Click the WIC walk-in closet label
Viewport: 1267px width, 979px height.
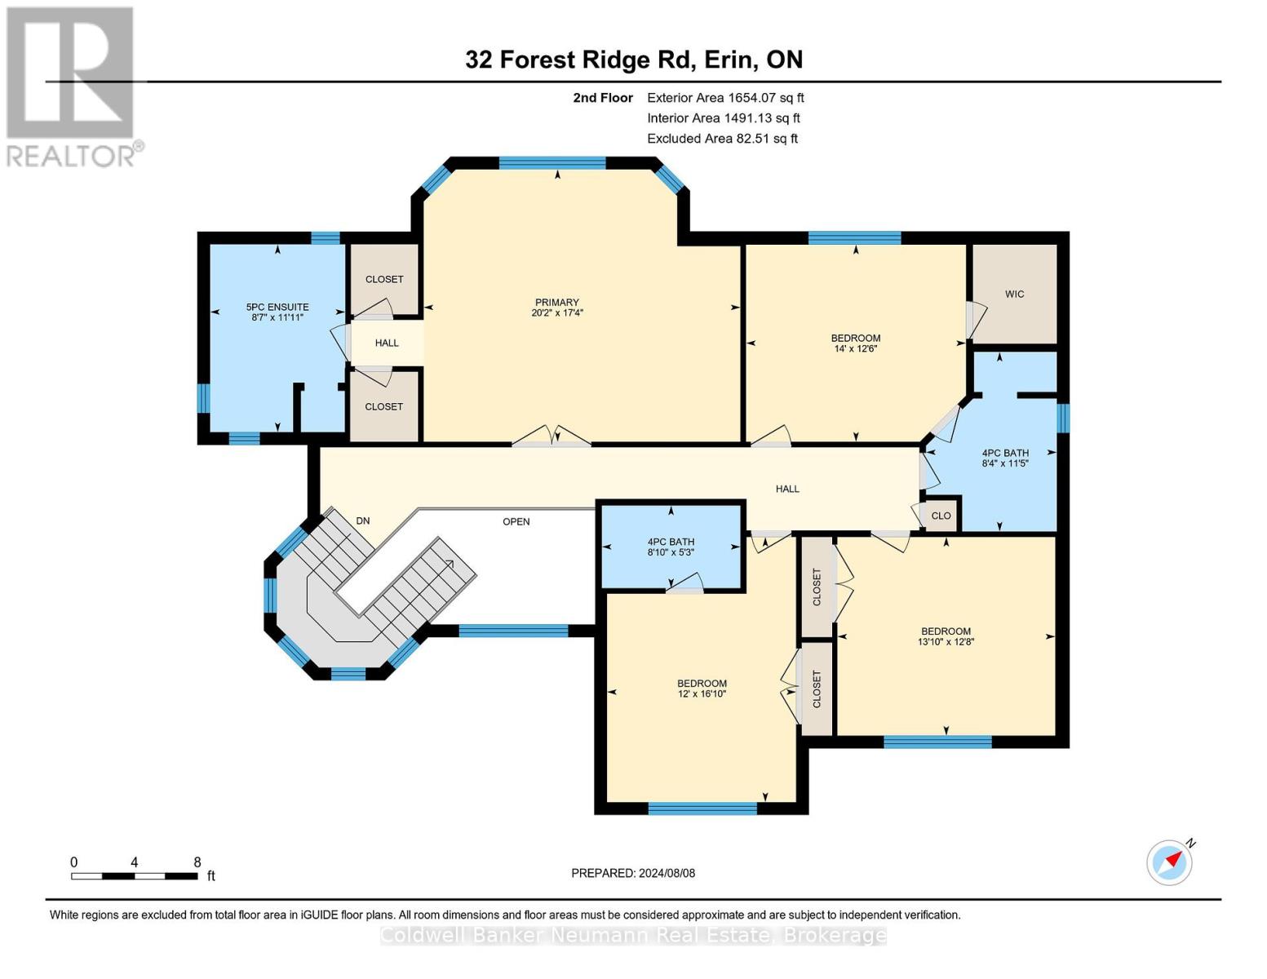(1014, 294)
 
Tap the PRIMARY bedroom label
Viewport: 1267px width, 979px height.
(557, 302)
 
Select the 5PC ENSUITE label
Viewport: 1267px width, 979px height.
(277, 307)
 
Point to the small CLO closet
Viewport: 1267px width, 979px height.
(941, 516)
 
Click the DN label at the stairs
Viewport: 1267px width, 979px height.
(363, 521)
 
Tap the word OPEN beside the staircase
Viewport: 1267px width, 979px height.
(516, 521)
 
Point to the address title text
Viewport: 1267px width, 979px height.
(634, 60)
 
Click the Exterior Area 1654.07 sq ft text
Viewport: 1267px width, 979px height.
(725, 98)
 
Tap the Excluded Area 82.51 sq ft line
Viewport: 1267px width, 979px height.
(722, 139)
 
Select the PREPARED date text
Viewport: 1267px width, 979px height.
(633, 873)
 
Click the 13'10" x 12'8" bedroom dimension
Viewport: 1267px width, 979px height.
(946, 641)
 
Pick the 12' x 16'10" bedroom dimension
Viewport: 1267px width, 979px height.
(702, 694)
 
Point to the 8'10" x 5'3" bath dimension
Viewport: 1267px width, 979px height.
(671, 552)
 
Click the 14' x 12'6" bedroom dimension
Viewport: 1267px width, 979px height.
(855, 348)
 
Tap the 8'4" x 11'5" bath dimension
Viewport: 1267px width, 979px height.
(1005, 463)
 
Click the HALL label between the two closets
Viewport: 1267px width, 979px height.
(387, 343)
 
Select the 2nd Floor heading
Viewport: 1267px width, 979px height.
(603, 98)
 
